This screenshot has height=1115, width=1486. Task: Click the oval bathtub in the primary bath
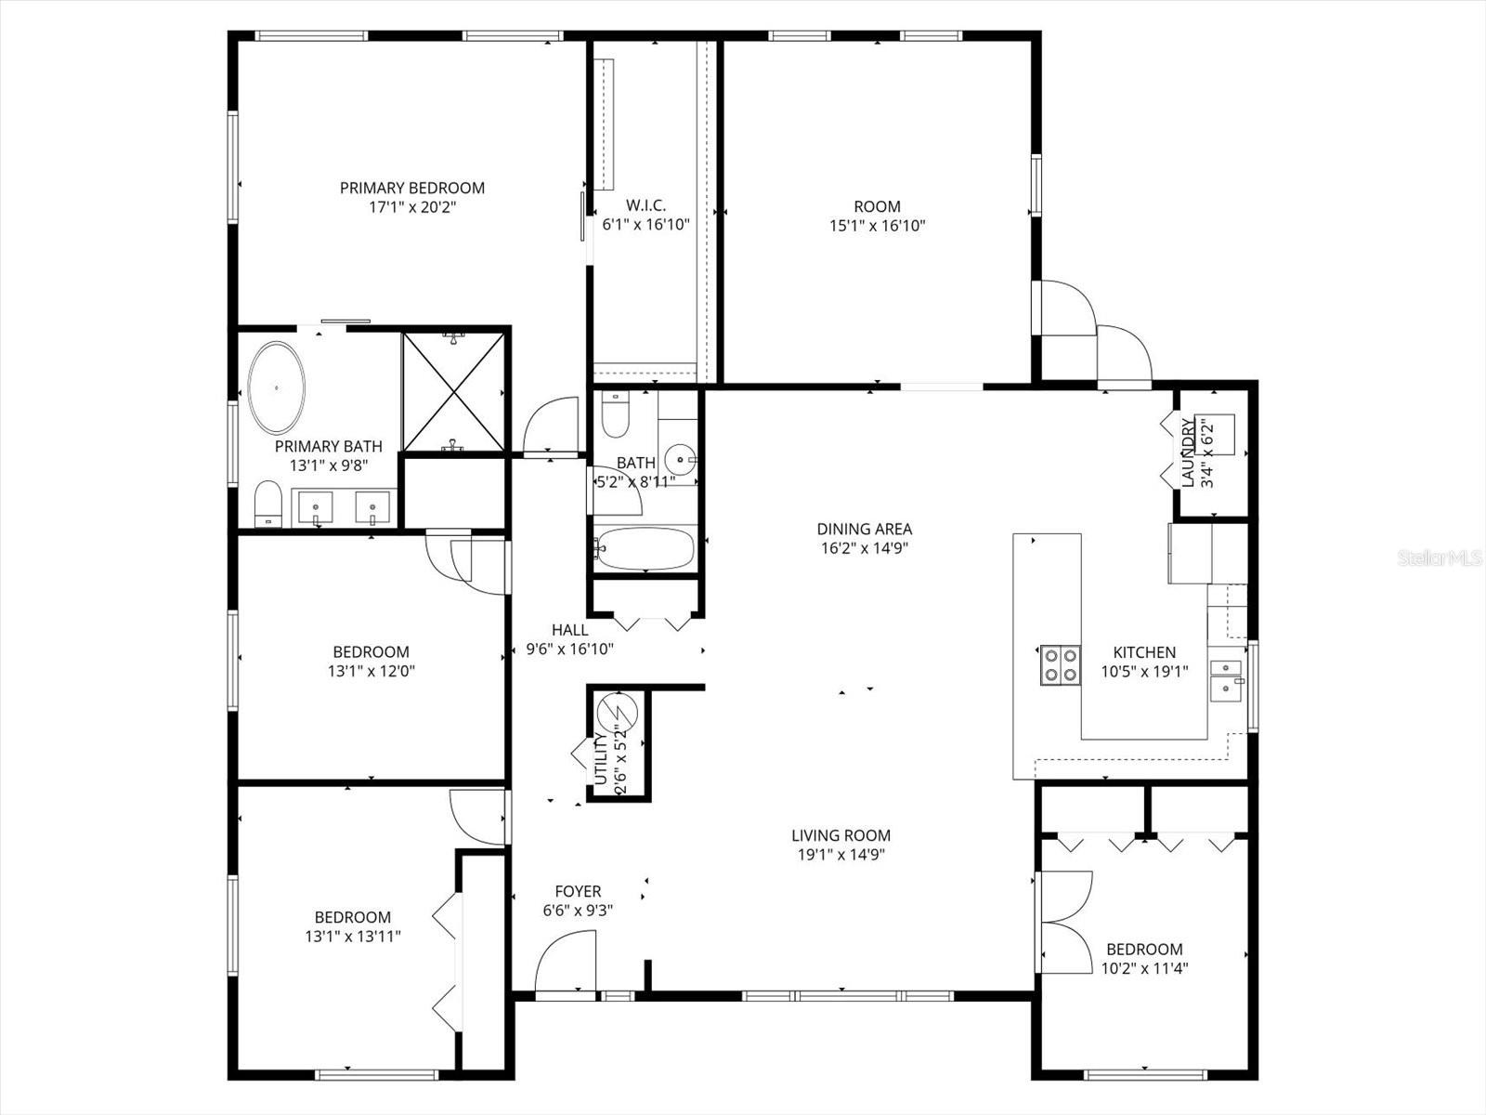277,388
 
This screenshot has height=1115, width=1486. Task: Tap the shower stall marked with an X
453,392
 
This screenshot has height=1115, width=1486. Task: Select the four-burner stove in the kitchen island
1061,663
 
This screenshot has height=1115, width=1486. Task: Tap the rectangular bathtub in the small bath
645,549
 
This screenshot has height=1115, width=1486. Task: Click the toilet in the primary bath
267,503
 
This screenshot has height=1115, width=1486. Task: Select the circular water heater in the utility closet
616,714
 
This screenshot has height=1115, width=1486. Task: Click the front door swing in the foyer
566,964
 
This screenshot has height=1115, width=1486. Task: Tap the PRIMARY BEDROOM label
411,188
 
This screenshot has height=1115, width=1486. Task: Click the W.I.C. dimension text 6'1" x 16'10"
645,224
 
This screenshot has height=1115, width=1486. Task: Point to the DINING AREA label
864,529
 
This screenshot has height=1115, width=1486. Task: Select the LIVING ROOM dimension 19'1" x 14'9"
841,855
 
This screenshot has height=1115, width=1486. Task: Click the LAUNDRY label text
1188,452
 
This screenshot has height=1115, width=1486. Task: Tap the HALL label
569,630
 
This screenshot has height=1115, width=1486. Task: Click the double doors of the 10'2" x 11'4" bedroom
1066,922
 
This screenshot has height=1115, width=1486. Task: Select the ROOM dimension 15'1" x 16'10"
877,225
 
